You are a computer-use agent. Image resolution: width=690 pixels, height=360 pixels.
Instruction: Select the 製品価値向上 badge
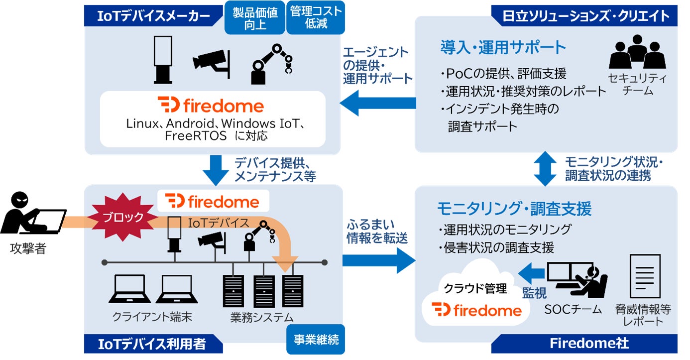point(254,17)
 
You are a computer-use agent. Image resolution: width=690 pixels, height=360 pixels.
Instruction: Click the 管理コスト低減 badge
point(315,17)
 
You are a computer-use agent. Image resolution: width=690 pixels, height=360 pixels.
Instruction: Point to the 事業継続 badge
point(314,340)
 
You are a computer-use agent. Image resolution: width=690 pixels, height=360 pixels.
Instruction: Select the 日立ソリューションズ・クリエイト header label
point(583,15)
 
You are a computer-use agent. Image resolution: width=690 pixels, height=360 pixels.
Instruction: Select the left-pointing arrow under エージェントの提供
point(378,103)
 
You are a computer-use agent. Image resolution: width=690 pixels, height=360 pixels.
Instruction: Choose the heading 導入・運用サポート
point(503,47)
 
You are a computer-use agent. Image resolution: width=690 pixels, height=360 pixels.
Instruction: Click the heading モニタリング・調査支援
point(514,209)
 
